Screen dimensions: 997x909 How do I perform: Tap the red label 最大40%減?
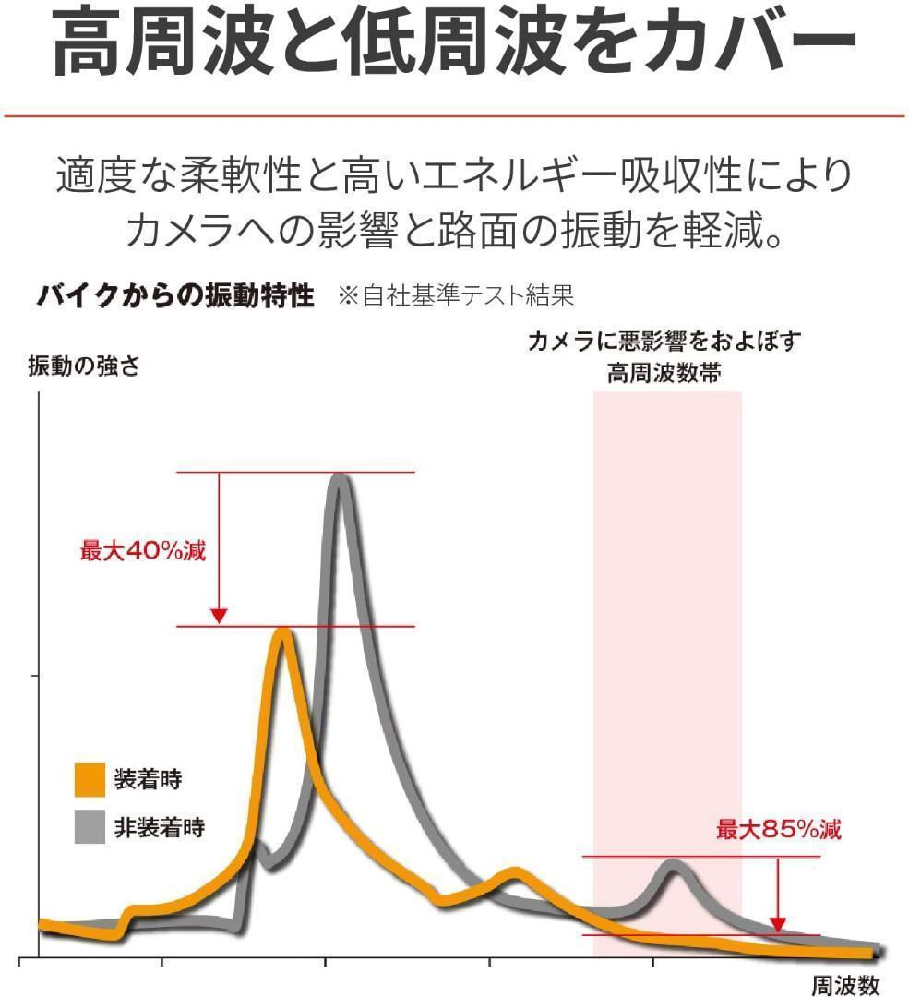click(143, 552)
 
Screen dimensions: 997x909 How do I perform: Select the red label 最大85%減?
click(779, 829)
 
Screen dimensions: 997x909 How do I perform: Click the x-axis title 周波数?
click(845, 985)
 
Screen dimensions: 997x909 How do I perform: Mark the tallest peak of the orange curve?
click(282, 635)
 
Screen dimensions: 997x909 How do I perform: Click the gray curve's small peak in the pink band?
click(673, 866)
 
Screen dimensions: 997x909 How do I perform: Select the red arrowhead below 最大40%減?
click(219, 614)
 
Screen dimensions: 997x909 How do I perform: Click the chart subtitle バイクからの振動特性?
click(175, 297)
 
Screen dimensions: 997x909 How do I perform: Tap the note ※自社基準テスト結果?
click(456, 297)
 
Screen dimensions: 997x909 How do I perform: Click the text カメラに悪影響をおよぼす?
click(664, 341)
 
